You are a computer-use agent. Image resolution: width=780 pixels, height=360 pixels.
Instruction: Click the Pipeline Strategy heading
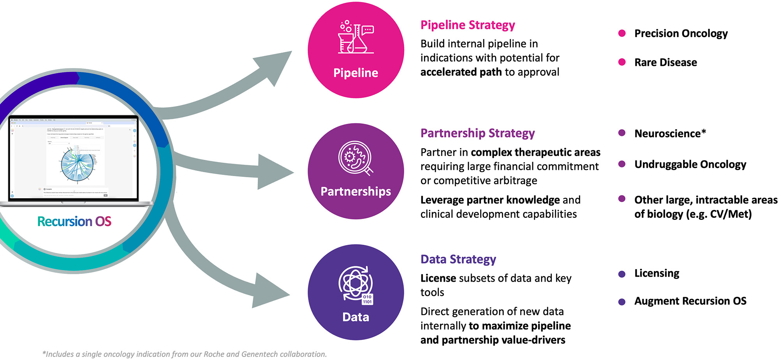(467, 25)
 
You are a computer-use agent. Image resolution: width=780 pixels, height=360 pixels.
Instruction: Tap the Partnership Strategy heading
(477, 133)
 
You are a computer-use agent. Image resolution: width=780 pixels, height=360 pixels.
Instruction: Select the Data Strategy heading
(458, 259)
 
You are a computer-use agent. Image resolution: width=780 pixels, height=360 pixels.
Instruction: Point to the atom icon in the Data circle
(355, 283)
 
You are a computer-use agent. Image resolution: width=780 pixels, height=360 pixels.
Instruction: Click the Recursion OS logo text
(74, 222)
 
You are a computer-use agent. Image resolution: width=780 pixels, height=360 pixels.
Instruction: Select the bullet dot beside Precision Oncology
(622, 33)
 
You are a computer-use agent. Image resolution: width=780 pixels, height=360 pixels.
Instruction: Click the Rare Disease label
(665, 62)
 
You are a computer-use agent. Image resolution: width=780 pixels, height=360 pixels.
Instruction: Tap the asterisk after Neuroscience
(703, 132)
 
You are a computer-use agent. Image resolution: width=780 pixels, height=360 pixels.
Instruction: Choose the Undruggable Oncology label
(690, 164)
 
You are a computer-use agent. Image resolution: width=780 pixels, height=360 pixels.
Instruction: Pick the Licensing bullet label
(657, 273)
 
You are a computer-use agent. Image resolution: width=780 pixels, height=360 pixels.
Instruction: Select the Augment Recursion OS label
(690, 301)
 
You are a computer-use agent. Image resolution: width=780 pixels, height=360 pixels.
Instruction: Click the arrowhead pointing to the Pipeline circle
(275, 67)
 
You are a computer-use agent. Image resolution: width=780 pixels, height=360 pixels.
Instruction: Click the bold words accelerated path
(461, 72)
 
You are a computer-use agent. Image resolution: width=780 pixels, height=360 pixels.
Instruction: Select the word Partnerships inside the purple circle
(356, 191)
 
